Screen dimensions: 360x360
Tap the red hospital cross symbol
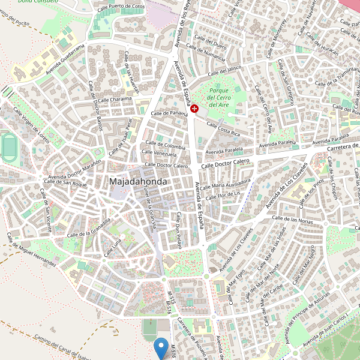pyautogui.click(x=194, y=108)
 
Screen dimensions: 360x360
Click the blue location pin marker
pyautogui.click(x=161, y=347)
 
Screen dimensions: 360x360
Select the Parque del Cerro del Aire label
pyautogui.click(x=218, y=97)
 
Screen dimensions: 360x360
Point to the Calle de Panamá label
pyautogui.click(x=170, y=113)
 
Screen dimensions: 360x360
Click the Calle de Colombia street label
pyautogui.click(x=164, y=146)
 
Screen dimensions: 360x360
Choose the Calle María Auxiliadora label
pyautogui.click(x=225, y=183)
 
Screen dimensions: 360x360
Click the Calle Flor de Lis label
pyautogui.click(x=223, y=194)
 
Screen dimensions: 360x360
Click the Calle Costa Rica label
pyautogui.click(x=223, y=128)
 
